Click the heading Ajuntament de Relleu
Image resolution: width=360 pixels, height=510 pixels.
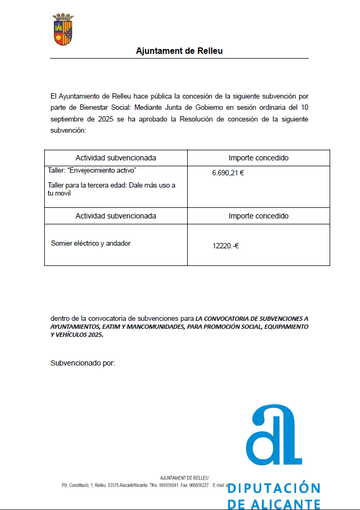[x=179, y=51]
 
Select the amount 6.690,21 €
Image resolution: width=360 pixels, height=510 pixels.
[x=228, y=173]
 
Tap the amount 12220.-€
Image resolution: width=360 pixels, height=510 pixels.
[x=226, y=246]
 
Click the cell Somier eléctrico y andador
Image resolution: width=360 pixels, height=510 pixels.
[x=91, y=243]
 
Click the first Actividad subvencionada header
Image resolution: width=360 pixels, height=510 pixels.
[x=116, y=158]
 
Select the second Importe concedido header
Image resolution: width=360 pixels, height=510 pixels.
[x=259, y=216]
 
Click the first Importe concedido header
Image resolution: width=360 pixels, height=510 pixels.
[x=259, y=158]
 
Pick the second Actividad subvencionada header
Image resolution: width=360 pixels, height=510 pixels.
[x=116, y=216]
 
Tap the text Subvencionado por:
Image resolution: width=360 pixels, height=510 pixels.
[x=83, y=363]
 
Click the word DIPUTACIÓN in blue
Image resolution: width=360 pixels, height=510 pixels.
[x=274, y=489]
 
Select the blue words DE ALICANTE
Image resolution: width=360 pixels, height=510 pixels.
[x=274, y=504]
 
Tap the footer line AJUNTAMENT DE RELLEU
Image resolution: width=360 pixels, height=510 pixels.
[x=184, y=477]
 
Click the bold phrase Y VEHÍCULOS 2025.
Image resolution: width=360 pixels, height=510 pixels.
[x=77, y=335]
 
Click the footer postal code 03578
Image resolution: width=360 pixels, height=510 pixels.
[x=113, y=485]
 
